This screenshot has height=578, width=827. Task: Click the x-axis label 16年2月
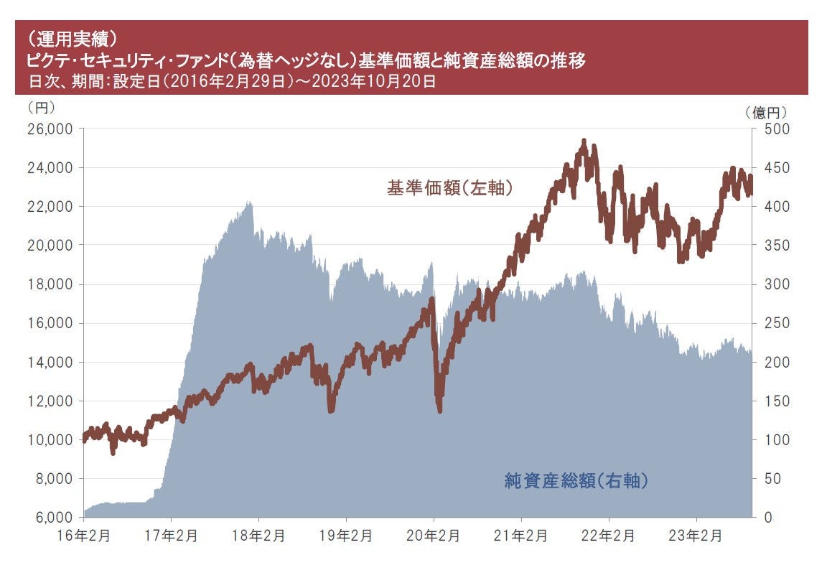(x=84, y=536)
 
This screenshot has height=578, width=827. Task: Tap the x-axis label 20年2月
(x=434, y=536)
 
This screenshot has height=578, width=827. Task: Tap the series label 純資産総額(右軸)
(x=576, y=480)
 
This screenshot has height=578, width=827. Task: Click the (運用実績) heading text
(x=69, y=37)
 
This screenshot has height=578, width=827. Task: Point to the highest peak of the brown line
(x=584, y=141)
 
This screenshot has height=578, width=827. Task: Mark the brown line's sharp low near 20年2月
(x=439, y=410)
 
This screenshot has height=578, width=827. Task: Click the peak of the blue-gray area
(x=250, y=202)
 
